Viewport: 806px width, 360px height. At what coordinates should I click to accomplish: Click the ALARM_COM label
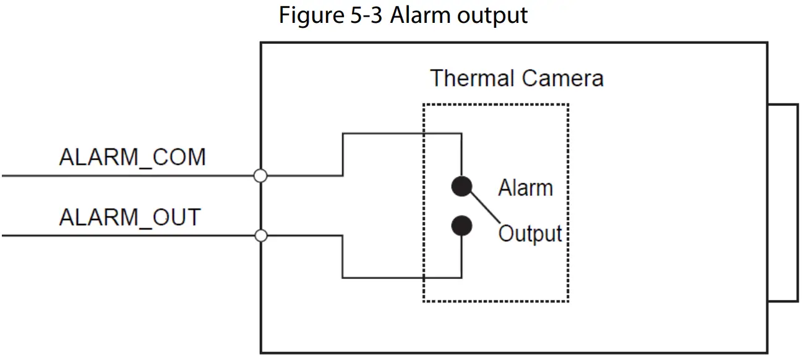click(132, 158)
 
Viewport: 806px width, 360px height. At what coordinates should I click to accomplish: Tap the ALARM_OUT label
click(130, 217)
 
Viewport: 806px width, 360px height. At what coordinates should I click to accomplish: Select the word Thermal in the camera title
click(472, 79)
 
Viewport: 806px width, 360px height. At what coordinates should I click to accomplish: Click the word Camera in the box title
click(562, 79)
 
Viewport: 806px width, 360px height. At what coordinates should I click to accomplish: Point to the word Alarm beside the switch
click(525, 187)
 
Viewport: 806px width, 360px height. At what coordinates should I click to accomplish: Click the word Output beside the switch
click(530, 234)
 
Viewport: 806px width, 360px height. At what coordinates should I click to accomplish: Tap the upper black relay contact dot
click(461, 186)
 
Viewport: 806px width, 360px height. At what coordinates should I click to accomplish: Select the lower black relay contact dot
click(461, 226)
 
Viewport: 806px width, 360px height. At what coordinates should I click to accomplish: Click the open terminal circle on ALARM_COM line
click(260, 176)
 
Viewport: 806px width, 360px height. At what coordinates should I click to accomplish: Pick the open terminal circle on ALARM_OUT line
click(261, 236)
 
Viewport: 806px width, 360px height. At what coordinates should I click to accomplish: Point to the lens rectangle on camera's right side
click(782, 203)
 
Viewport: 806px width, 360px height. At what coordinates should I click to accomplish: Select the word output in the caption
click(492, 15)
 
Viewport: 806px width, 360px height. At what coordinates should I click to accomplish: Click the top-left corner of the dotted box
click(424, 105)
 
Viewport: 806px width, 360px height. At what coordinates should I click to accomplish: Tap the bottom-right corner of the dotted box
click(568, 301)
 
